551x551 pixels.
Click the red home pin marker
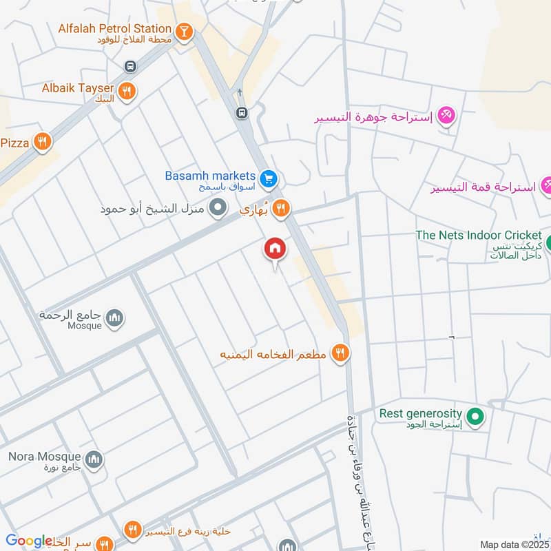[x=275, y=249]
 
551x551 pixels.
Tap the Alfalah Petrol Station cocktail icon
[x=184, y=31]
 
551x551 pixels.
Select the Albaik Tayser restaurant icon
[x=127, y=90]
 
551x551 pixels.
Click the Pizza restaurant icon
[x=43, y=142]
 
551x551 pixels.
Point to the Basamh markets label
[x=210, y=176]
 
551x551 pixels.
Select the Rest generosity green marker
[x=475, y=416]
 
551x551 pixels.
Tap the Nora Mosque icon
[x=94, y=459]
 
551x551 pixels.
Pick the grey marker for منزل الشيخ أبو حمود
[x=218, y=207]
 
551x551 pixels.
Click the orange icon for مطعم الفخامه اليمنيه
[x=339, y=354]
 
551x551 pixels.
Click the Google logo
[x=29, y=541]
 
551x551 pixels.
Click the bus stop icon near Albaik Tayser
[x=129, y=67]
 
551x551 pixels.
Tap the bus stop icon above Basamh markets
[x=241, y=113]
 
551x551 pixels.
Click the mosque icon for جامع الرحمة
[x=116, y=318]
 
